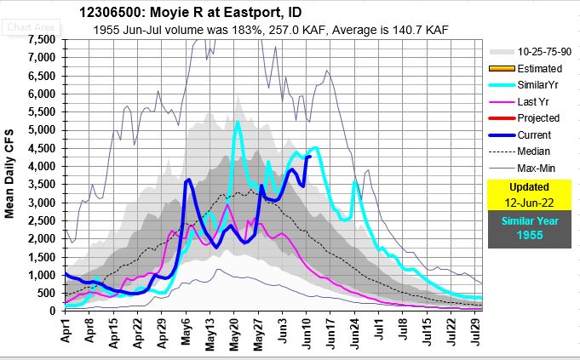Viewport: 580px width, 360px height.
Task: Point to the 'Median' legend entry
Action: tap(537, 150)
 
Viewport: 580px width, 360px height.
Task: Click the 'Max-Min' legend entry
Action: tap(540, 167)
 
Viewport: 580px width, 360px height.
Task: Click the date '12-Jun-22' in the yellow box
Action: tap(528, 201)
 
